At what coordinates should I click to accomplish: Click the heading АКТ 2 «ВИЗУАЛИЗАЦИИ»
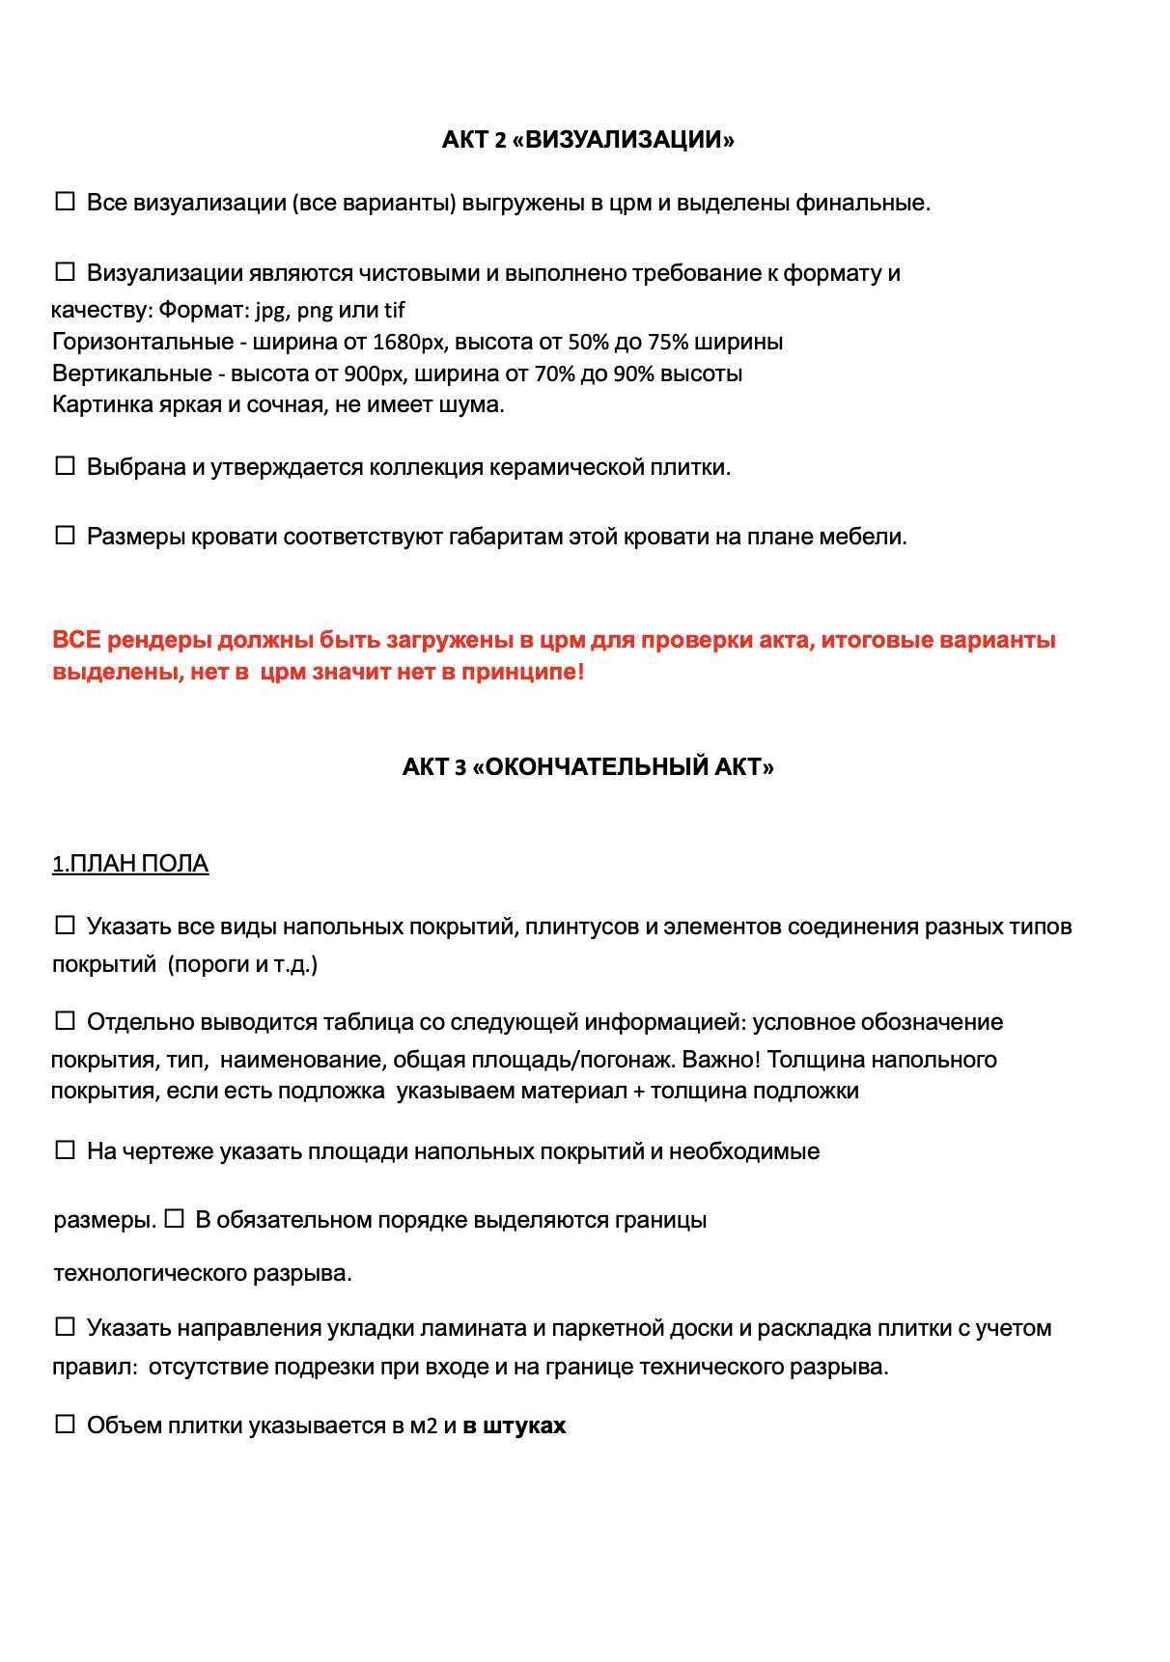click(588, 140)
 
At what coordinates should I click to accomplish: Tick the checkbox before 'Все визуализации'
click(65, 202)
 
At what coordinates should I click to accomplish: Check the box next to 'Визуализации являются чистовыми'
click(65, 272)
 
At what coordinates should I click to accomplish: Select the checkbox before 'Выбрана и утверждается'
click(65, 466)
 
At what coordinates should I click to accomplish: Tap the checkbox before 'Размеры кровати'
click(65, 536)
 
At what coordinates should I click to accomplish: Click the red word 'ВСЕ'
click(76, 640)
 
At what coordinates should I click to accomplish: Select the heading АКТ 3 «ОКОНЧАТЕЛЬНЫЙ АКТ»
click(588, 767)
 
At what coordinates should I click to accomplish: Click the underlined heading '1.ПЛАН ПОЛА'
click(130, 864)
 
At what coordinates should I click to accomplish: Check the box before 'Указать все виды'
click(65, 926)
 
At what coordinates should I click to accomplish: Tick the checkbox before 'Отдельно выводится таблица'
click(65, 1021)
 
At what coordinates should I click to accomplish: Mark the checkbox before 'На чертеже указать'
click(65, 1150)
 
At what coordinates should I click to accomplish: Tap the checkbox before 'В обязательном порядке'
click(174, 1219)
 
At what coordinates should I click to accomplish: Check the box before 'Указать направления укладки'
click(65, 1327)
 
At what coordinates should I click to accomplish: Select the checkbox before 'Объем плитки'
click(65, 1425)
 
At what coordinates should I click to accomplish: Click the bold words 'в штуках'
click(514, 1426)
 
